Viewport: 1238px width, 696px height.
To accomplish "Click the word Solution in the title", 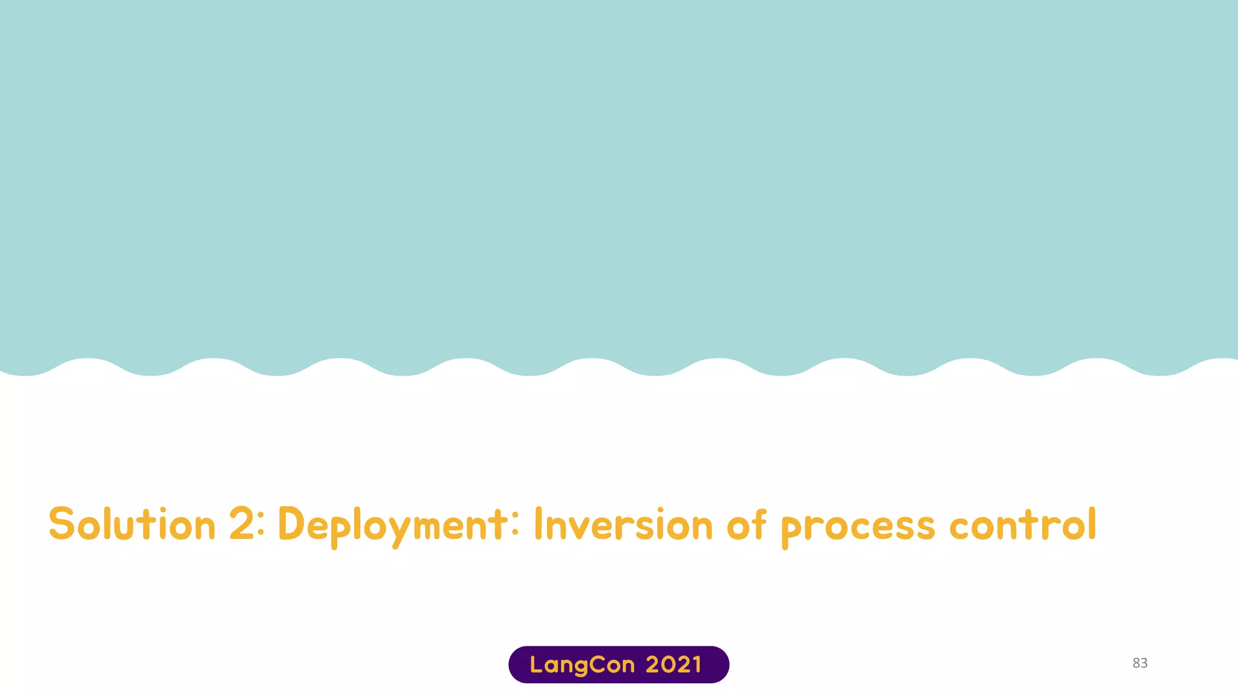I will click(x=132, y=524).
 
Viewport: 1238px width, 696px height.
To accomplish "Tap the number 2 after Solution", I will click(x=242, y=524).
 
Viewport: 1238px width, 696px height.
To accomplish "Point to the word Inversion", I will click(x=623, y=524).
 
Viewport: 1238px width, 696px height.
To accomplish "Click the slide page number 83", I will click(x=1139, y=663).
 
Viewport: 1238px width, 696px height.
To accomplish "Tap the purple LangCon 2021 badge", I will click(x=618, y=665).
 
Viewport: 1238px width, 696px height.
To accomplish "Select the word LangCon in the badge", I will click(x=582, y=665).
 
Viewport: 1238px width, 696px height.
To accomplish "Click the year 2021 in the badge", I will click(x=673, y=665).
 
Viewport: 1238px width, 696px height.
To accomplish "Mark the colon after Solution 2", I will click(x=261, y=524).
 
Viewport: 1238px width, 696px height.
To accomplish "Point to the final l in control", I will click(x=1091, y=523).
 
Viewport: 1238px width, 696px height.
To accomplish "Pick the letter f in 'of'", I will click(x=760, y=523).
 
